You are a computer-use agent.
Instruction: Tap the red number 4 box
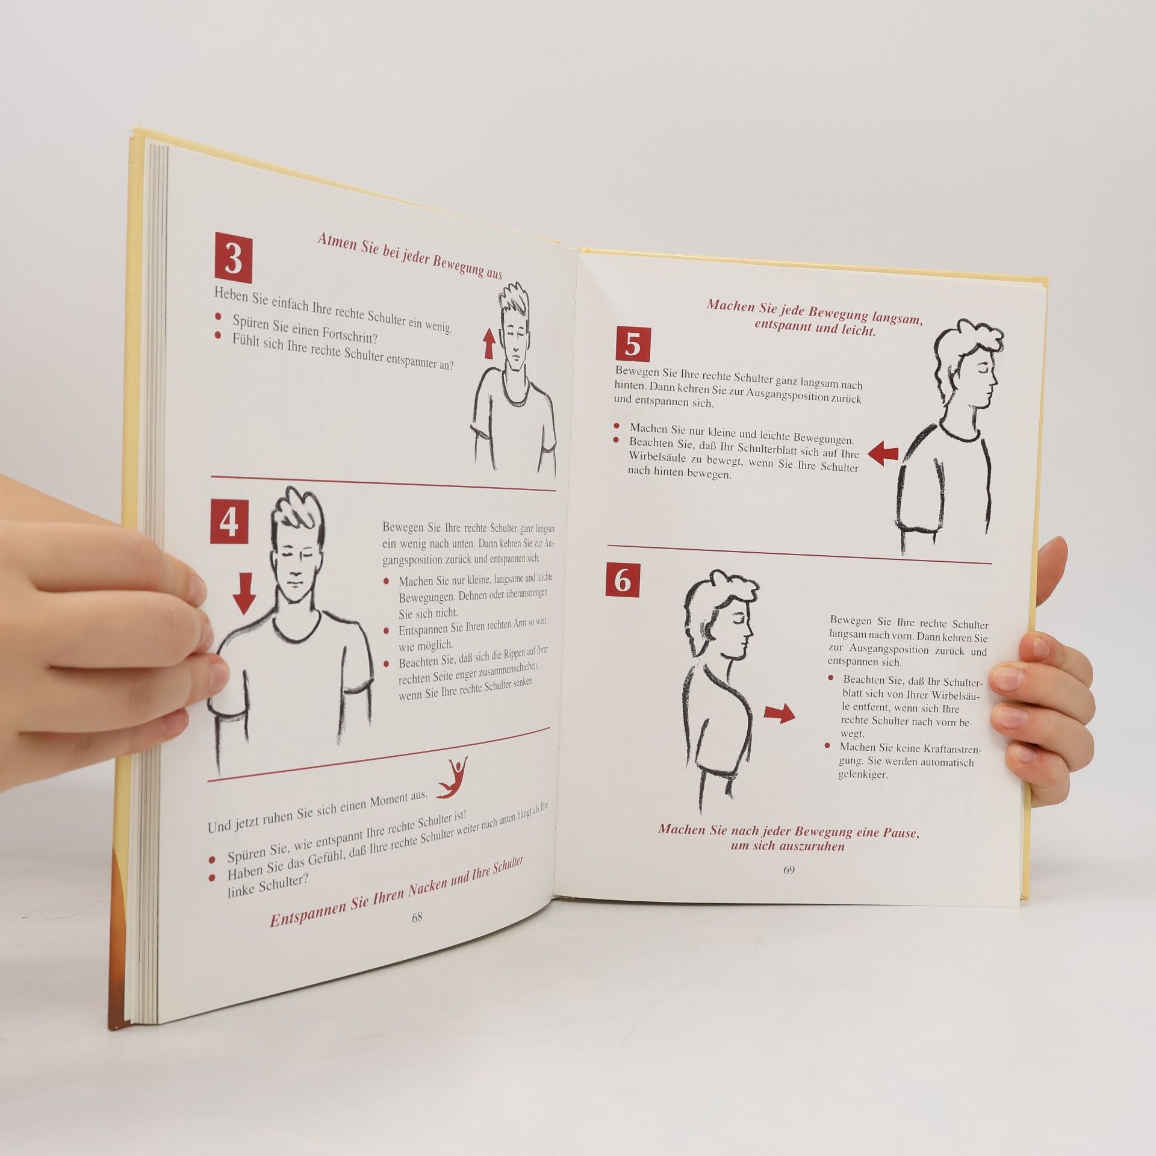(229, 523)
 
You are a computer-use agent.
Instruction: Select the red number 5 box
(632, 345)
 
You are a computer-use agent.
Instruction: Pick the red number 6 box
(622, 581)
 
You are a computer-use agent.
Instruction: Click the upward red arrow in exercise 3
(489, 344)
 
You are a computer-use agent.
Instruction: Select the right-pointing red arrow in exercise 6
(780, 714)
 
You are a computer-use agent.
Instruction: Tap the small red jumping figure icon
(452, 778)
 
